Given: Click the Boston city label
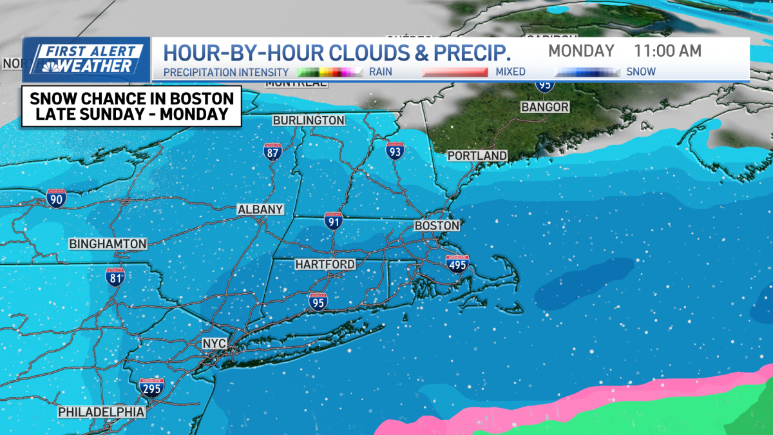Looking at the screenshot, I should [437, 226].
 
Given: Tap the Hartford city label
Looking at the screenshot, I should [325, 264].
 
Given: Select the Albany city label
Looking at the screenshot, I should [260, 209].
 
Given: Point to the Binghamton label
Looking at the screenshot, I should [108, 244].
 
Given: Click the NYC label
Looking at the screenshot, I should [215, 343].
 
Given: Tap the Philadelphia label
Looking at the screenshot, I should [101, 411].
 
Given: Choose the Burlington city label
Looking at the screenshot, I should [309, 121].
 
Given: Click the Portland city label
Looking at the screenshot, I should [477, 156].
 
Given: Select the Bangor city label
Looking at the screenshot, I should [545, 106].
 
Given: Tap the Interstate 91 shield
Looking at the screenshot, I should [333, 221].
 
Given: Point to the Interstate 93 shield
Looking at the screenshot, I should [396, 150].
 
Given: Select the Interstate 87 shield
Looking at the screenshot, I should [272, 151].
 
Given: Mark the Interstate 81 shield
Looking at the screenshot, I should [115, 276].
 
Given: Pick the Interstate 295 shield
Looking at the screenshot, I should [151, 387].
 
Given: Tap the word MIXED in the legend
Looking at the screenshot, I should [510, 72].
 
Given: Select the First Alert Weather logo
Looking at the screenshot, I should [87, 59].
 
